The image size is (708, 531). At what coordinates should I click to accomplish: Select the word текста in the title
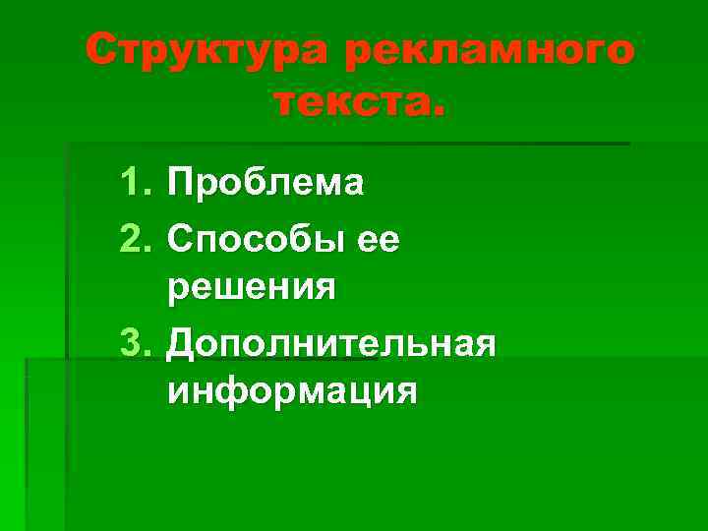pos(347,99)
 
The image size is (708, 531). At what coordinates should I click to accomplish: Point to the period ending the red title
pos(438,110)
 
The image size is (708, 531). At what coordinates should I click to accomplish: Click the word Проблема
pos(266,182)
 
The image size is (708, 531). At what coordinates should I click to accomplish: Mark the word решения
pos(253,288)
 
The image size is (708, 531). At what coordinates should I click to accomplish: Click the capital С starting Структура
pos(101,50)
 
